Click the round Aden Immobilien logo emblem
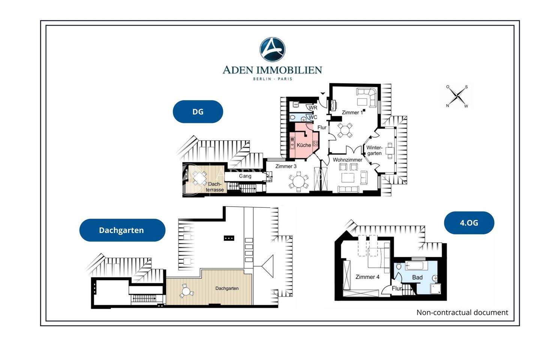click(x=272, y=49)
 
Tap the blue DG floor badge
click(x=198, y=112)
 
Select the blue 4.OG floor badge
click(x=469, y=223)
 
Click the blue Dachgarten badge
click(x=122, y=230)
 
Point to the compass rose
click(x=457, y=96)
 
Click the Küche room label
click(x=304, y=145)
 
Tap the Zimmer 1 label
click(x=352, y=112)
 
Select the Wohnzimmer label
click(x=347, y=160)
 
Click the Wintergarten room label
click(x=374, y=150)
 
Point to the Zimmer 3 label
click(x=286, y=166)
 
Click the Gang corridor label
click(x=245, y=176)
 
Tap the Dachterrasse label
click(x=215, y=187)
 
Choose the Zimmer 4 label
click(x=367, y=277)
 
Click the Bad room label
click(x=417, y=277)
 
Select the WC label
click(x=313, y=117)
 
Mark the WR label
click(x=313, y=108)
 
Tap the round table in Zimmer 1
click(x=345, y=130)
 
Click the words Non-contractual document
click(x=462, y=312)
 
